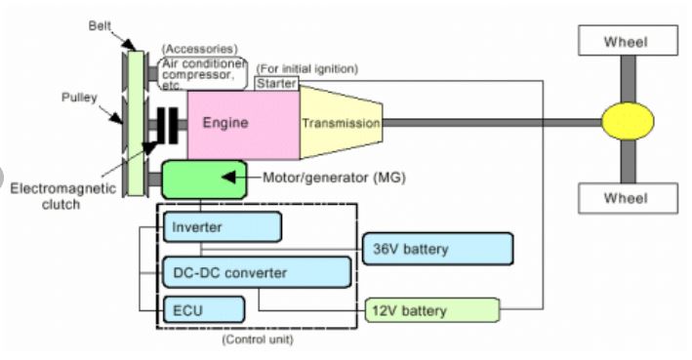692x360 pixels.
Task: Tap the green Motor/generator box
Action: (200, 180)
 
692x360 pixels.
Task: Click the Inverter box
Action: (223, 226)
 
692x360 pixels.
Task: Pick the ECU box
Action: (203, 309)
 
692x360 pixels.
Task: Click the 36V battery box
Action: (437, 249)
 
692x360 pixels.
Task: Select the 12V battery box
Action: (430, 310)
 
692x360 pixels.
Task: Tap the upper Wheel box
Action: (624, 41)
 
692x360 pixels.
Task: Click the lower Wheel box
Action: (624, 198)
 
